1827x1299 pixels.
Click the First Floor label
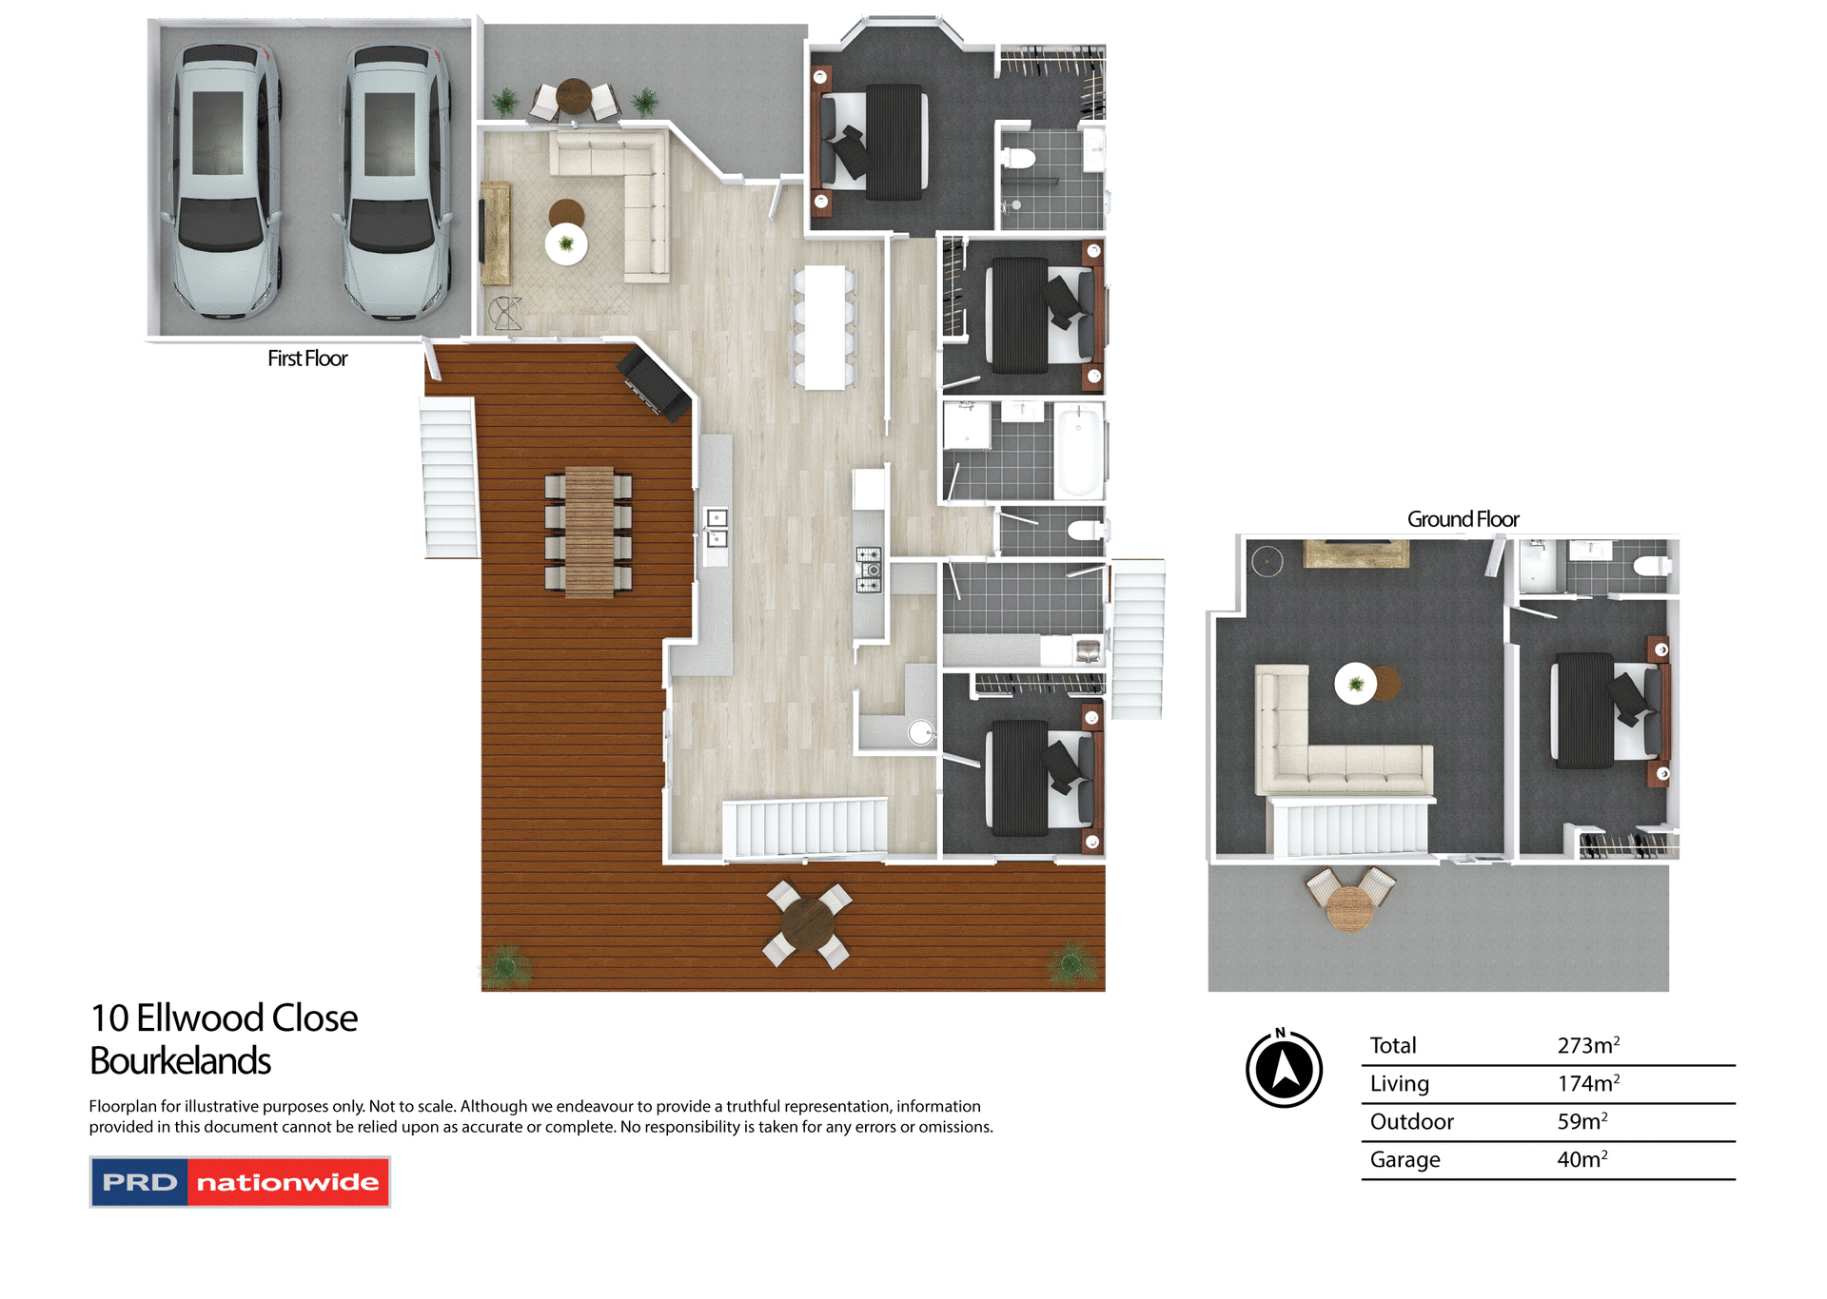(307, 359)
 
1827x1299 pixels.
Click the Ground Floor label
(1463, 519)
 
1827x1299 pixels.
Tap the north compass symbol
(1284, 1069)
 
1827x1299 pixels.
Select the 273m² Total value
(1587, 1045)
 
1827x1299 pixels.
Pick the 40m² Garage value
(1581, 1159)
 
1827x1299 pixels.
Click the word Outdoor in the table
(1411, 1121)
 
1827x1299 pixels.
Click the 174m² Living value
(1587, 1083)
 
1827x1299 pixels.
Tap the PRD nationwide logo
(240, 1182)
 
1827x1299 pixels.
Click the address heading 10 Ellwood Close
(224, 1018)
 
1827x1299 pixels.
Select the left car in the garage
(225, 181)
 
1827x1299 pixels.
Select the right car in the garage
(395, 181)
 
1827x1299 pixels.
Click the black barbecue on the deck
(655, 381)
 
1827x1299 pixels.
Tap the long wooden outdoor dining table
(589, 532)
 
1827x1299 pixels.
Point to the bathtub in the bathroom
(1078, 451)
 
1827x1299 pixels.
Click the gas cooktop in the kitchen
(869, 570)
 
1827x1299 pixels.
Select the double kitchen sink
(717, 529)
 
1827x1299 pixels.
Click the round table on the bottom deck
(808, 923)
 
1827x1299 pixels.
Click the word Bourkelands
(181, 1061)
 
